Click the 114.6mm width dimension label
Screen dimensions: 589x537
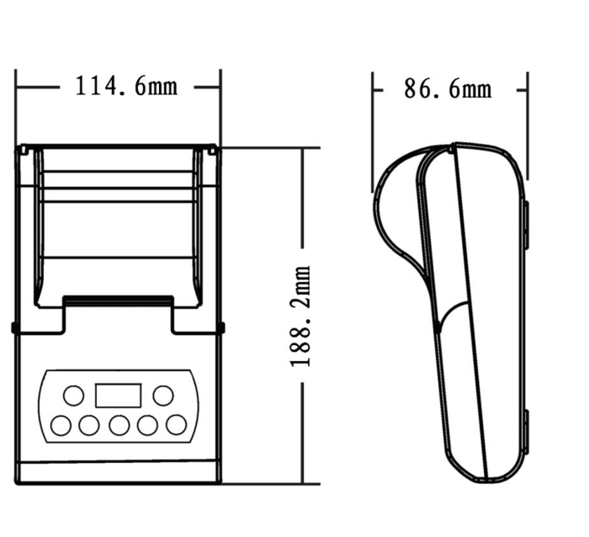[x=126, y=86]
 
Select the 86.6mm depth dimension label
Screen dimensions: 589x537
[x=448, y=89]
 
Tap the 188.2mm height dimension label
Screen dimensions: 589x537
[x=300, y=316]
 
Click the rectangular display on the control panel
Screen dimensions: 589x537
[x=119, y=396]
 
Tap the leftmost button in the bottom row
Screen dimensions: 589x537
[x=61, y=425]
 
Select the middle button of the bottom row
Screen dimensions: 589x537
[x=119, y=425]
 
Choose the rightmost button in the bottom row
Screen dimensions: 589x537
[x=176, y=425]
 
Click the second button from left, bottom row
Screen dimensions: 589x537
[x=89, y=425]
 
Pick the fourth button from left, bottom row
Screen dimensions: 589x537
[x=147, y=425]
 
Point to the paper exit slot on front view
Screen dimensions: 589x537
[x=119, y=300]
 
